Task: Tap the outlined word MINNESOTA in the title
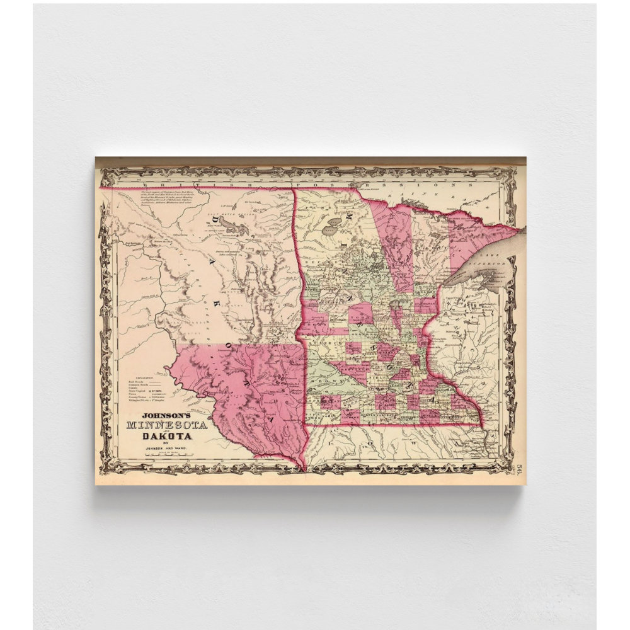click(x=167, y=425)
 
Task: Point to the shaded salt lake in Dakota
click(x=234, y=226)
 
